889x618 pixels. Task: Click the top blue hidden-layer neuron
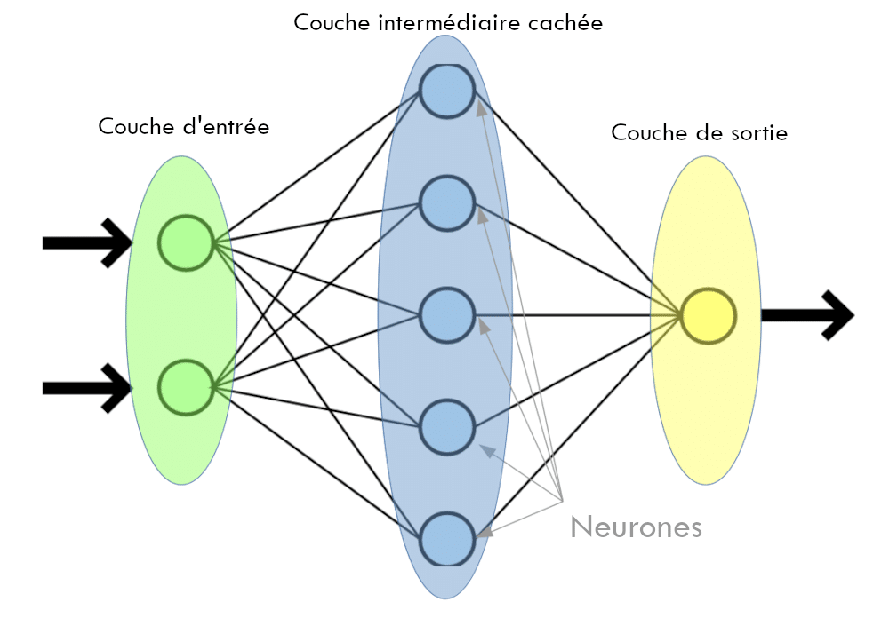(447, 91)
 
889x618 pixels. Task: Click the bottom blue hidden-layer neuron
(447, 538)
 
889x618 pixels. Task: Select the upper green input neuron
(186, 242)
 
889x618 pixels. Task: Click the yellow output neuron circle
(709, 316)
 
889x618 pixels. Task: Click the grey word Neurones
(636, 527)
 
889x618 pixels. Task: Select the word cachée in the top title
(568, 22)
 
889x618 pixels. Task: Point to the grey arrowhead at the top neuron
(481, 107)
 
